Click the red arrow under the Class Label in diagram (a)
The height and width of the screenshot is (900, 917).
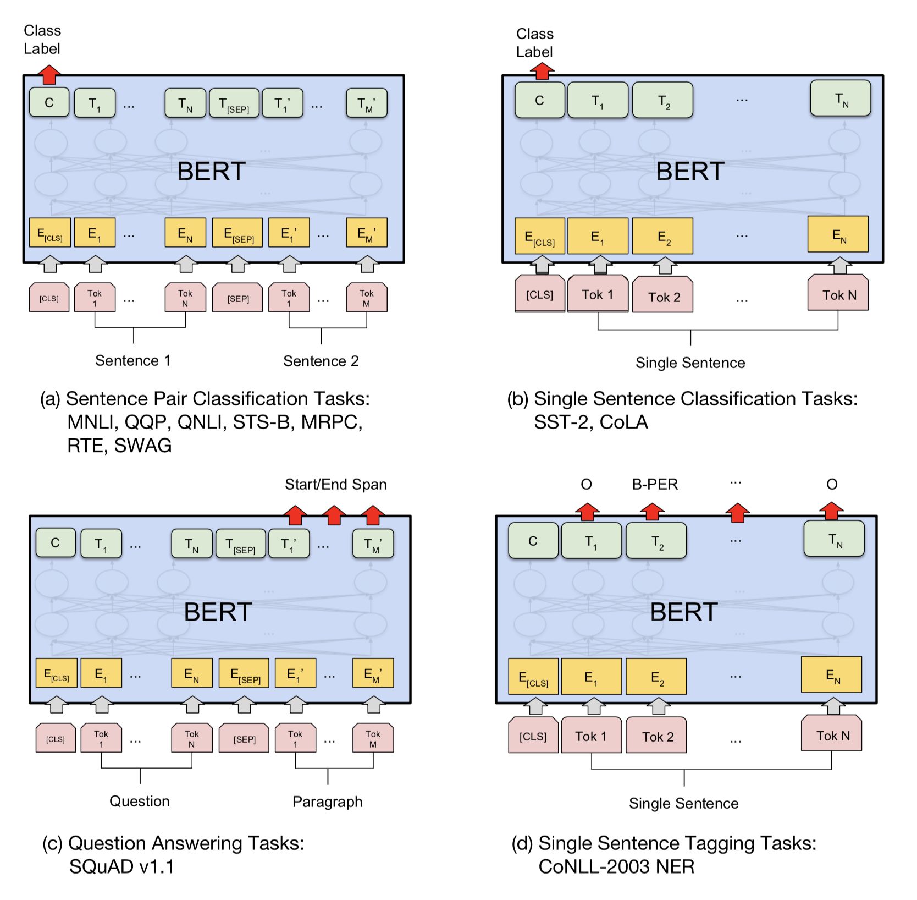pyautogui.click(x=49, y=74)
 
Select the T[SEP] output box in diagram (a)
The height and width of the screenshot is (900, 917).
pyautogui.click(x=234, y=103)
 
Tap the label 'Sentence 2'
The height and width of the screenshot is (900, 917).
pyautogui.click(x=321, y=361)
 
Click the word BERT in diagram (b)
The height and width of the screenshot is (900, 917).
pyautogui.click(x=690, y=172)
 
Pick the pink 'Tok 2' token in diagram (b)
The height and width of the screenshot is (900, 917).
pyautogui.click(x=663, y=297)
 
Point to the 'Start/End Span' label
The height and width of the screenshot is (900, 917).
pyautogui.click(x=335, y=484)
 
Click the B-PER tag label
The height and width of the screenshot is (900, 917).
pyautogui.click(x=655, y=484)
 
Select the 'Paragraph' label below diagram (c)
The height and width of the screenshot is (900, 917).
pyautogui.click(x=327, y=802)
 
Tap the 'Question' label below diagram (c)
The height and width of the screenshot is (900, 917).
pyautogui.click(x=139, y=801)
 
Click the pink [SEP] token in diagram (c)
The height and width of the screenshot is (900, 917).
pyautogui.click(x=244, y=739)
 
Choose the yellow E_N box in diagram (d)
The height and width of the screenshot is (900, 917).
pyautogui.click(x=832, y=675)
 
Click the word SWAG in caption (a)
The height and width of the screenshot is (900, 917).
pyautogui.click(x=143, y=445)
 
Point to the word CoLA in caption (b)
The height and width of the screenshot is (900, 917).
pyautogui.click(x=624, y=422)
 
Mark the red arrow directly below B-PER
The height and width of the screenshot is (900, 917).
pyautogui.click(x=652, y=512)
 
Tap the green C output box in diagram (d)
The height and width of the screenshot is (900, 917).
pyautogui.click(x=533, y=541)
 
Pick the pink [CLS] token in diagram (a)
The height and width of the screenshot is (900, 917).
pyautogui.click(x=49, y=298)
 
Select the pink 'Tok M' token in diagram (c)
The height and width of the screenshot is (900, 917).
pyautogui.click(x=373, y=738)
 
